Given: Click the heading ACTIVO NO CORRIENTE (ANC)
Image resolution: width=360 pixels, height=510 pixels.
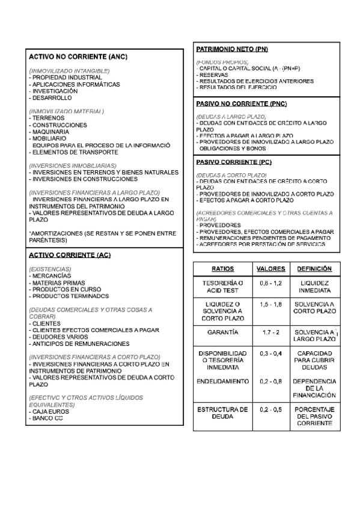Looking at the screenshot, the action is (x=78, y=57).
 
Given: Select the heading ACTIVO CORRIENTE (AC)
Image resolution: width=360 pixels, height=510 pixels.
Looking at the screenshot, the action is (x=70, y=255).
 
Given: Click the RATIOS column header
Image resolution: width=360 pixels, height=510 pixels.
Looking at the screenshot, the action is (x=223, y=269).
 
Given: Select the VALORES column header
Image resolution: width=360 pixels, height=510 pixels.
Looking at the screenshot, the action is (x=270, y=269).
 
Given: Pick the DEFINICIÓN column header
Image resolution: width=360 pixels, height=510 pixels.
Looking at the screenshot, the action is (x=314, y=269).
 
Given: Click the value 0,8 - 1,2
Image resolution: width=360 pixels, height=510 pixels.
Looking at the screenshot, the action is (x=270, y=283).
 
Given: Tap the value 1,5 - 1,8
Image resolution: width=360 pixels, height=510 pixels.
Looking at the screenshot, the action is (x=270, y=305).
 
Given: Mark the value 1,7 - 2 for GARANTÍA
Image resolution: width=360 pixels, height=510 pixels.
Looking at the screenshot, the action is (x=270, y=332).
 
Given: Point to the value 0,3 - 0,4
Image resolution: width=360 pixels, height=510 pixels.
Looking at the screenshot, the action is (x=270, y=354).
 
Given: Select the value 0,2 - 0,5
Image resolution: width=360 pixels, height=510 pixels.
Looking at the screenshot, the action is (x=270, y=410).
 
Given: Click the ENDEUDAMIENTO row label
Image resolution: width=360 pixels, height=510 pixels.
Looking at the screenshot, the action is (x=223, y=381).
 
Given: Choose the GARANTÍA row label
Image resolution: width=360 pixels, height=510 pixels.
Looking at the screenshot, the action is (x=223, y=332).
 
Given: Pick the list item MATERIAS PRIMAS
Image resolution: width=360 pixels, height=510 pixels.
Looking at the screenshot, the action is (x=58, y=283).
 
